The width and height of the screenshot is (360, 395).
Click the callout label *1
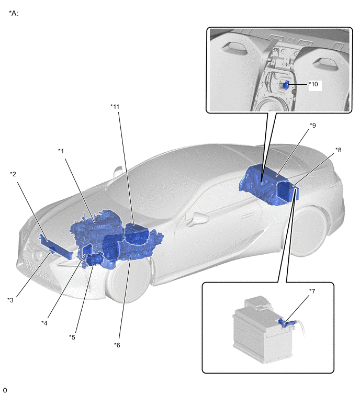(61, 151)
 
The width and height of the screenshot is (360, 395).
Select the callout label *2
(13, 174)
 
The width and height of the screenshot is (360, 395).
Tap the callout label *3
(10, 300)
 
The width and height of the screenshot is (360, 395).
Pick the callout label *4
(44, 323)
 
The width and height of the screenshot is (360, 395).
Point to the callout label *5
(72, 337)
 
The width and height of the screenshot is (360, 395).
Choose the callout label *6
(117, 345)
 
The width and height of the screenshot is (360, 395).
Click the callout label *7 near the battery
(312, 291)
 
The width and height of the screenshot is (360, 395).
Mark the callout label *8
(339, 150)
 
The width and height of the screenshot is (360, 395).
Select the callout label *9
(312, 125)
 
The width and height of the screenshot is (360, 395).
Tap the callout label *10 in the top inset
(313, 84)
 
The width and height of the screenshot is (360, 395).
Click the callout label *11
(115, 107)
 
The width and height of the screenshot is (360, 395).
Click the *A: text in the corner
(14, 13)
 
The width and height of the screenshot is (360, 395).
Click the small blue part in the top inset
(286, 85)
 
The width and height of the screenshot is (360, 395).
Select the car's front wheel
(127, 279)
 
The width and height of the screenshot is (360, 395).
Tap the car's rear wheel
(309, 232)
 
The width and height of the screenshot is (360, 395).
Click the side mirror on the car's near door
(199, 218)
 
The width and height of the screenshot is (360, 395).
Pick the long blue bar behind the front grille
(55, 247)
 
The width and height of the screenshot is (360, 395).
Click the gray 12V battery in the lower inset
(263, 330)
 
